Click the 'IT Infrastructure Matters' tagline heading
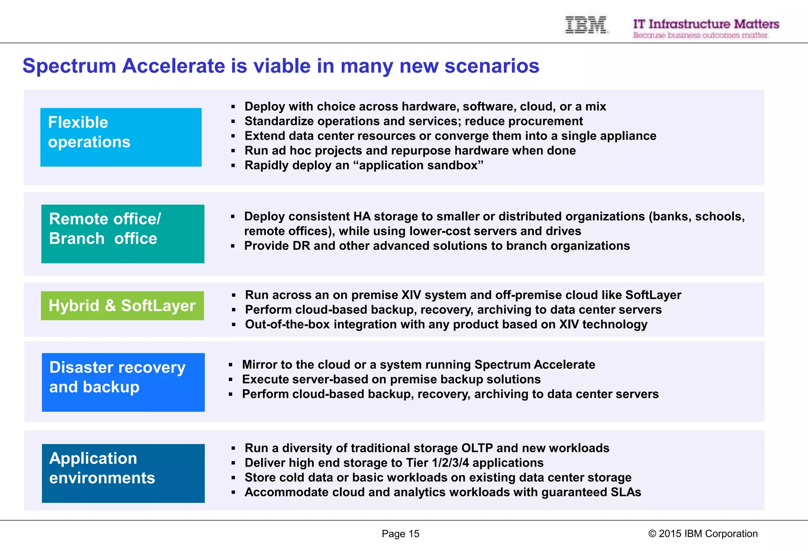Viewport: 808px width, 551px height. [x=706, y=24]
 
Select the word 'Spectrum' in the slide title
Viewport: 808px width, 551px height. [x=69, y=65]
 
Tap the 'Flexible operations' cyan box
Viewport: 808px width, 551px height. [x=121, y=137]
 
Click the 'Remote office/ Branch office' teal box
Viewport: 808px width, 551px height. [x=123, y=233]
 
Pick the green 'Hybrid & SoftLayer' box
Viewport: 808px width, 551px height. [x=122, y=306]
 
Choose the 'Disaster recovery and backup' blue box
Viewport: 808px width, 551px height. [x=123, y=382]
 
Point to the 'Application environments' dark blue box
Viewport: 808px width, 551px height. [x=123, y=473]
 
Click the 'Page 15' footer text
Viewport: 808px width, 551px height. [x=400, y=534]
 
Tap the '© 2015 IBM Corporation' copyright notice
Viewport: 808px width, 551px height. [x=703, y=534]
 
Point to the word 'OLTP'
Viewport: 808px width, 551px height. [x=477, y=448]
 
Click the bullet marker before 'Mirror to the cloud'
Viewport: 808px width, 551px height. [x=231, y=365]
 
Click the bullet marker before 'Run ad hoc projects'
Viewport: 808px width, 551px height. [x=233, y=151]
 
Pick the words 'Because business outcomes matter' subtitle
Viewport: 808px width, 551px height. [x=701, y=35]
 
